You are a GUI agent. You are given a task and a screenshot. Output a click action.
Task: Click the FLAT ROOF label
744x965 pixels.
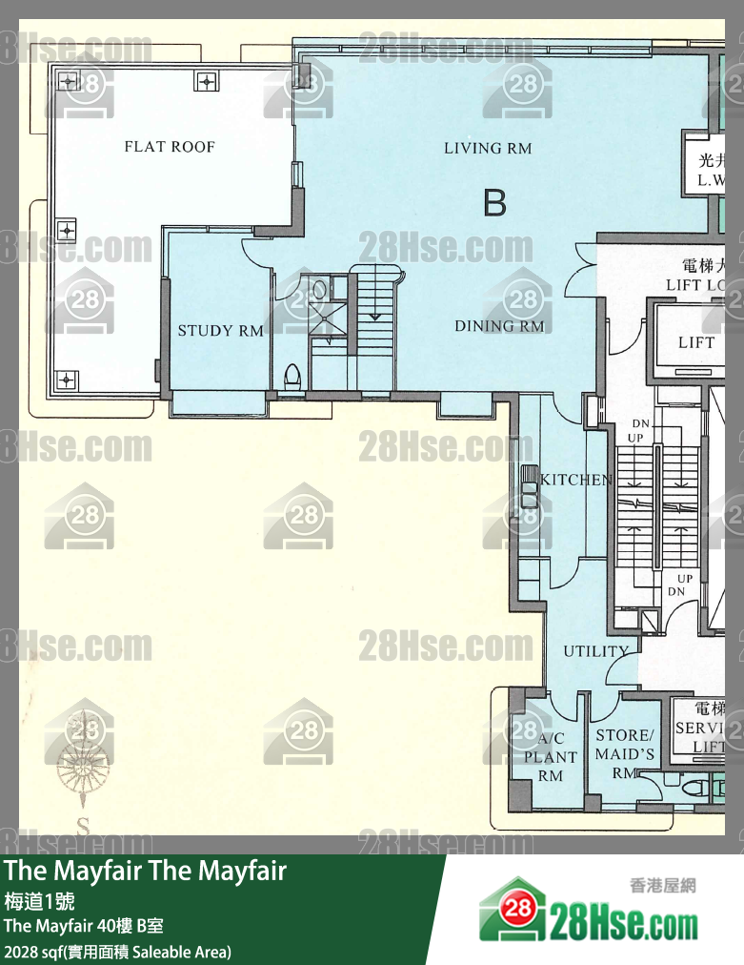coord(170,147)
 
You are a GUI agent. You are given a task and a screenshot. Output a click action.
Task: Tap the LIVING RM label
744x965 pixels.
coord(488,148)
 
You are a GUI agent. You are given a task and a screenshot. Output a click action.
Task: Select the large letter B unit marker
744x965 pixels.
coord(494,203)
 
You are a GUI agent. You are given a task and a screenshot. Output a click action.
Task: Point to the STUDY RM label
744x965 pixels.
coord(220,331)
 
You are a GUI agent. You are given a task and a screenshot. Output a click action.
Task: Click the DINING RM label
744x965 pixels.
coord(499,326)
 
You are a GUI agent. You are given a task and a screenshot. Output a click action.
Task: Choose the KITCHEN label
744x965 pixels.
coord(576,480)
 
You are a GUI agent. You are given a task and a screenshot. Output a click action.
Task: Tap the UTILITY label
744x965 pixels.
coord(596,651)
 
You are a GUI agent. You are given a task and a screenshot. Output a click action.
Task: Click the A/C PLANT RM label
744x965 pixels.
coord(551,757)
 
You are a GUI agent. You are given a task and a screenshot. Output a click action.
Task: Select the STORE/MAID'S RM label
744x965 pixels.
coord(625,753)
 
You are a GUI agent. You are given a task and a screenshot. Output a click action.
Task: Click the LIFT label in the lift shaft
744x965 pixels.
coord(696,343)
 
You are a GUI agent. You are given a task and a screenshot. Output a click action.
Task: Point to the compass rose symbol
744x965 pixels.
coord(85,753)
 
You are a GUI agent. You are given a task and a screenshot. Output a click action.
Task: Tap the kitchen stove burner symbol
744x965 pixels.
coord(529,485)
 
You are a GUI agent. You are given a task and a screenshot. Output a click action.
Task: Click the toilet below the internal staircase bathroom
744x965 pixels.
coord(293,375)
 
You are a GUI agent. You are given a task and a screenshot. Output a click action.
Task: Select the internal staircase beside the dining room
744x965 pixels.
coord(372,305)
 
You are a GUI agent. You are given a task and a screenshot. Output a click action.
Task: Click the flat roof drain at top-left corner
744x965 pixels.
coord(69,82)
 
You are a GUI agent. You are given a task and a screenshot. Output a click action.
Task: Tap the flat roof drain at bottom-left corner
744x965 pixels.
coord(66,379)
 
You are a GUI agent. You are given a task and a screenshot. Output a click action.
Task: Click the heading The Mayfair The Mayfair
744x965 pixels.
coord(146,872)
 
